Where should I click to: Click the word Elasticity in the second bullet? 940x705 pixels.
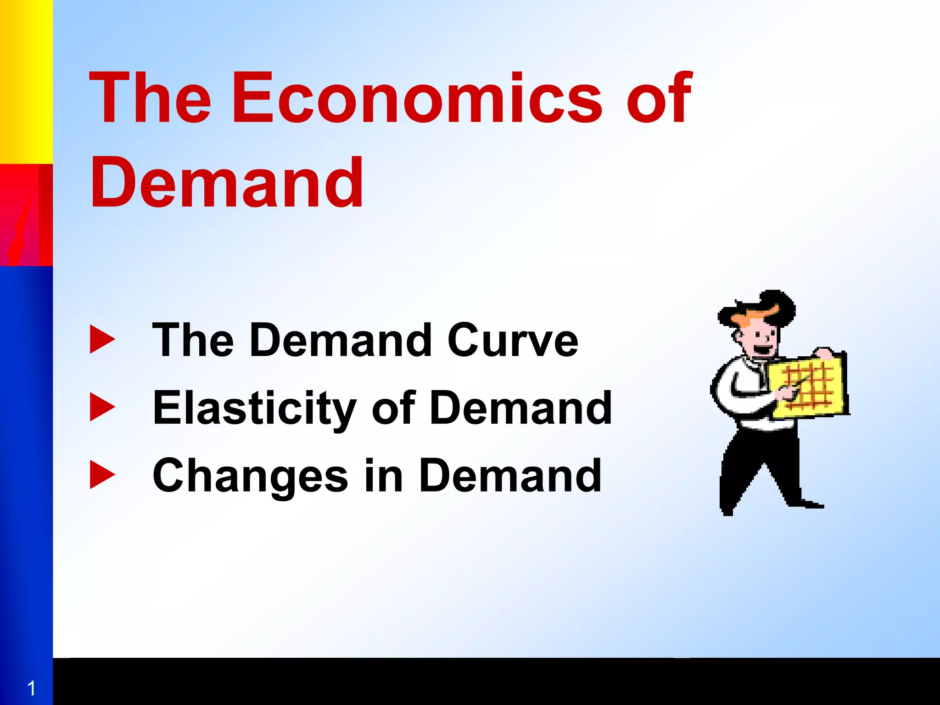pos(255,408)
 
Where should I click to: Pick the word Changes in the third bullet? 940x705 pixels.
pos(251,476)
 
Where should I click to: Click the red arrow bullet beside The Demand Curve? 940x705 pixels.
pos(102,340)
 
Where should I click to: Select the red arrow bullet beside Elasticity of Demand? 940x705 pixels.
pos(102,407)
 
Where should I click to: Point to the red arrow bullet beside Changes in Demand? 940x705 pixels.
pos(102,476)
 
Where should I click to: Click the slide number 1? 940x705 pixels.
pos(31,688)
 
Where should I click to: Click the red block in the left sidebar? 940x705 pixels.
pos(26,215)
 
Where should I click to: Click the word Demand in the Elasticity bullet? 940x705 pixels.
pos(520,408)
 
